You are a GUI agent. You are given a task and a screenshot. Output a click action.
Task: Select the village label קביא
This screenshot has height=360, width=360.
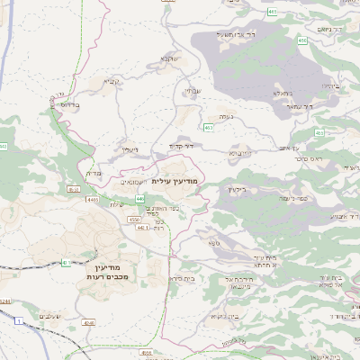tap(110, 83)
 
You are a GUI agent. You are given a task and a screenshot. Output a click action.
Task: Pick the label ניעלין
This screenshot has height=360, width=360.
tap(131, 149)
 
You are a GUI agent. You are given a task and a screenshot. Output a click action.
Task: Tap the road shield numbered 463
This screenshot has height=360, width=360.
tap(209, 129)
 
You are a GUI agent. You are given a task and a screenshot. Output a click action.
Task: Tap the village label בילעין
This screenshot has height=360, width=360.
tap(236, 189)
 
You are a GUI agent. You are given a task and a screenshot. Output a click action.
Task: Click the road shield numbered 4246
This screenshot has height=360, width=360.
tap(87, 321)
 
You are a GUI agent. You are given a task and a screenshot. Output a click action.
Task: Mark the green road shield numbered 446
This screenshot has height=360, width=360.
tap(140, 198)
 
